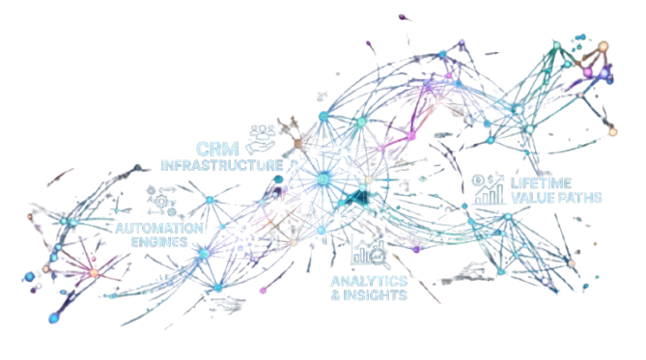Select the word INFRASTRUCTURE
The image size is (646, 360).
tap(222, 165)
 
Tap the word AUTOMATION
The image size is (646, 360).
tap(159, 228)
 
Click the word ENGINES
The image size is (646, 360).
tap(159, 242)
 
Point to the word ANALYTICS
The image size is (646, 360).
tap(369, 281)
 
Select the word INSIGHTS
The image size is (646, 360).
tap(375, 295)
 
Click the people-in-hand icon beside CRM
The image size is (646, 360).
tap(261, 139)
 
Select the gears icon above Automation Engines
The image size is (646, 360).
tap(161, 201)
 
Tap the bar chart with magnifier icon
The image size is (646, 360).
tap(368, 253)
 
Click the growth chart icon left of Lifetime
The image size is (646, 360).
tap(489, 189)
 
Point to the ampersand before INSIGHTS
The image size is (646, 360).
tap(335, 295)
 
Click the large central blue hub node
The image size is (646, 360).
tap(323, 180)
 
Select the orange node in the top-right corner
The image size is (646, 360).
tap(604, 45)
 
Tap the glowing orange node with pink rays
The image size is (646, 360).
tap(95, 273)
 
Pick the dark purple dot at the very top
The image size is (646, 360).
tap(402, 16)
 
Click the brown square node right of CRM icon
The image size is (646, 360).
tap(297, 144)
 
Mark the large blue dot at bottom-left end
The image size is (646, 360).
tap(53, 318)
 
